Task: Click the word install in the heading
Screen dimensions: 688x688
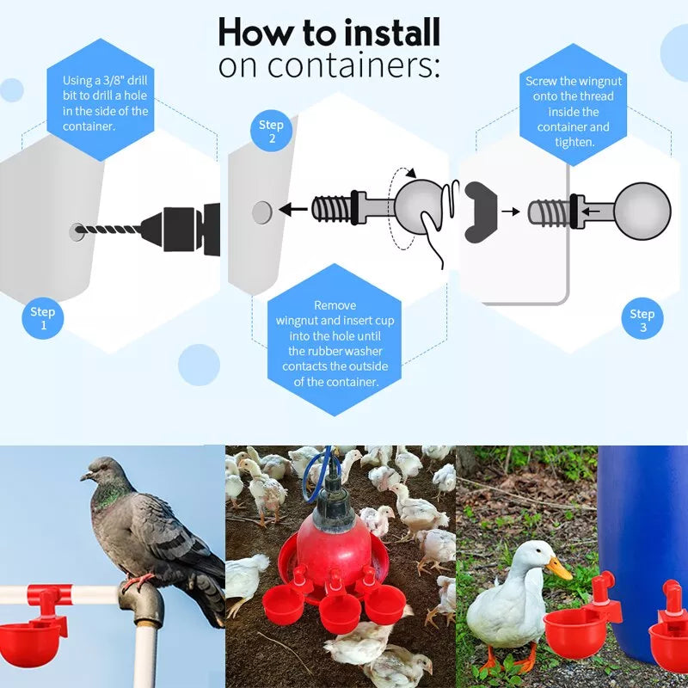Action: [x=392, y=33]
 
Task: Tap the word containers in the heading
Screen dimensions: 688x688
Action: [x=360, y=65]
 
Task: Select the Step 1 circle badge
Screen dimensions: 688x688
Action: [x=42, y=318]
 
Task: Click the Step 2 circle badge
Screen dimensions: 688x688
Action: [x=271, y=132]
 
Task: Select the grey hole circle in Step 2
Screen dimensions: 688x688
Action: [x=261, y=210]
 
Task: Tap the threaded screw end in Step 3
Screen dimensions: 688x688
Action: [x=547, y=210]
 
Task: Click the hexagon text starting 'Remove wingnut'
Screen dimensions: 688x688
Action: [x=335, y=343]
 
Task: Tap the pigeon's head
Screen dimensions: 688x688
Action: [x=101, y=471]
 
